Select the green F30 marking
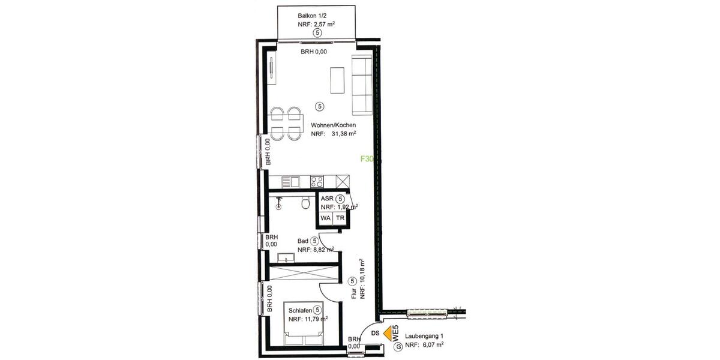367,160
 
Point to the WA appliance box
325,218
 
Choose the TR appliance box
341,218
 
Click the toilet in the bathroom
306,203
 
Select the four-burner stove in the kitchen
317,181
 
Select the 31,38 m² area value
341,134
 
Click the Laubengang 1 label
424,336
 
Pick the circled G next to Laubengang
397,346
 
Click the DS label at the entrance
375,332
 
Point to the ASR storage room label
327,199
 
